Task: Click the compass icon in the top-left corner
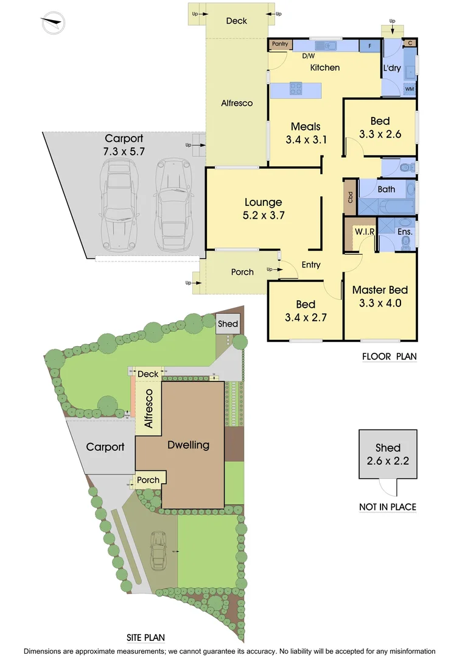(53, 24)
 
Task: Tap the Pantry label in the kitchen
(280, 44)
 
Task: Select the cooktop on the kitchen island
(296, 89)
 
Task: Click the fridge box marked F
(369, 46)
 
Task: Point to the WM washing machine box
(410, 89)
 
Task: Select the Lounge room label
(263, 202)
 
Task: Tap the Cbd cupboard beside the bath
(350, 197)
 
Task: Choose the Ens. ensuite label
(405, 232)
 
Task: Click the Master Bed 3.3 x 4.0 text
(380, 296)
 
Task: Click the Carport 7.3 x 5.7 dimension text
(124, 144)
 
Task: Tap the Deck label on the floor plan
(236, 21)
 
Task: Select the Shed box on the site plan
(228, 324)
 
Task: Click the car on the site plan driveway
(158, 550)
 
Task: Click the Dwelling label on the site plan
(188, 445)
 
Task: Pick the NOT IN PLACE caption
(388, 507)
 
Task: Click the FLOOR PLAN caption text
(389, 357)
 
